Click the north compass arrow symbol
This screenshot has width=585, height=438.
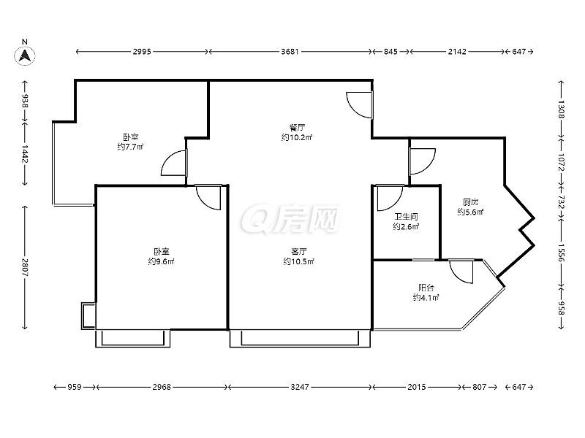point(25,56)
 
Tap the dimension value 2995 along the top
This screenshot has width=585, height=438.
point(142,51)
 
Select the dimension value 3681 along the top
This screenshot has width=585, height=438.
point(290,51)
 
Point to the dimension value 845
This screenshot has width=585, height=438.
point(390,51)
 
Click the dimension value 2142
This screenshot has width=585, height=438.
point(457,51)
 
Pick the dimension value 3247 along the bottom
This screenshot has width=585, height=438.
point(300,387)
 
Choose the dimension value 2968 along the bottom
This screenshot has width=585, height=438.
point(162,387)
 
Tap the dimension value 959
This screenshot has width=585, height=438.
point(75,387)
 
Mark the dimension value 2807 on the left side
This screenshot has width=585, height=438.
point(25,267)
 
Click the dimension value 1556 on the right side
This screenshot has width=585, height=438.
point(561,253)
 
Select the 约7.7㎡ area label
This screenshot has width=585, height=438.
point(131,147)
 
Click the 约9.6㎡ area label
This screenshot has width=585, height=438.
point(161,261)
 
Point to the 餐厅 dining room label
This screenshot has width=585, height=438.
point(297,127)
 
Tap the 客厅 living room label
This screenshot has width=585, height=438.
point(299,251)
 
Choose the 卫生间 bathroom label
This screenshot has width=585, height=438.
point(407,216)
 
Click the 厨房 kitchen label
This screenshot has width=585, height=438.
point(470,202)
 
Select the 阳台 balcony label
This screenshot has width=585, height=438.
point(426,288)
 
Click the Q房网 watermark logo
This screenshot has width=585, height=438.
point(290,219)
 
